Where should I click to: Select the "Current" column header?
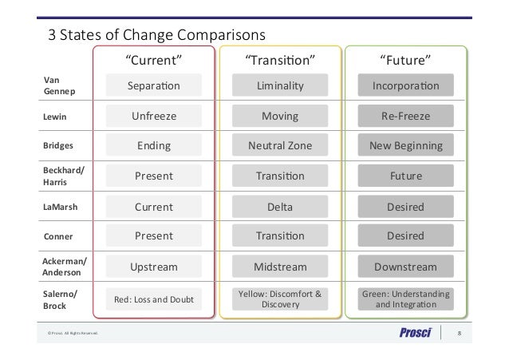pos(155,60)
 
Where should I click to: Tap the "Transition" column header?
pos(279,60)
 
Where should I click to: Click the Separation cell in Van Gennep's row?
pos(155,85)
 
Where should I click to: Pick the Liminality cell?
pos(279,85)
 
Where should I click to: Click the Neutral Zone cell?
pos(279,147)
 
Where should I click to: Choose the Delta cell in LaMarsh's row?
pos(279,207)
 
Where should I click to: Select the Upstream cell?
pos(155,267)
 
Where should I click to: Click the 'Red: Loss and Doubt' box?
pos(155,299)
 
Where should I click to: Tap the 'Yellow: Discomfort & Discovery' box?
pos(279,299)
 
